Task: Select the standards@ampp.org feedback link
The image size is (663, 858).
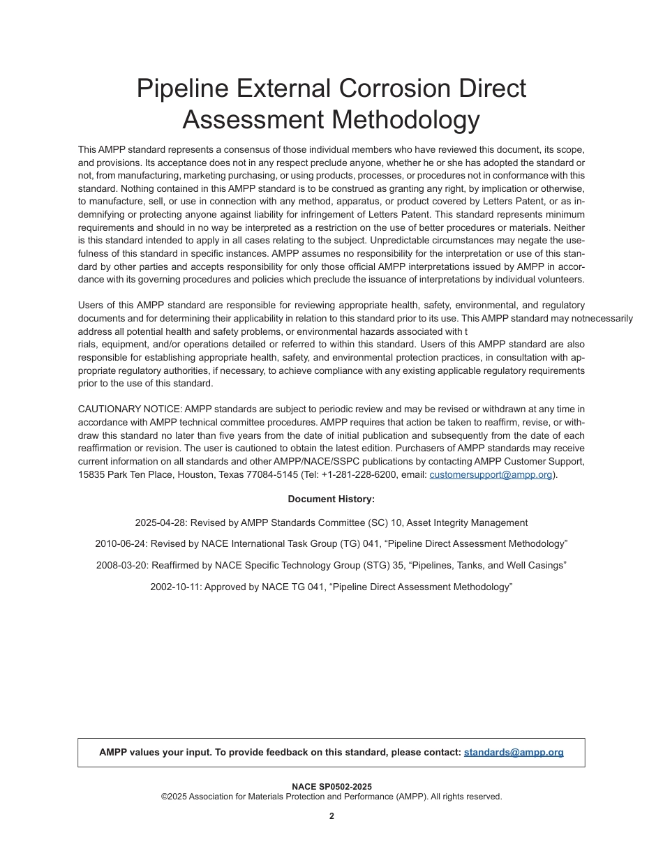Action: click(x=514, y=752)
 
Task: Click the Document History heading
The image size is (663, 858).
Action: click(x=331, y=499)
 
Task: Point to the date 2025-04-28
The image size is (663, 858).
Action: click(x=161, y=522)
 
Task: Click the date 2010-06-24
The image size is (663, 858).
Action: click(x=121, y=543)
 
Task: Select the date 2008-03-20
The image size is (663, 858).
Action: click(x=122, y=565)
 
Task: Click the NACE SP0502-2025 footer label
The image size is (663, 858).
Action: click(x=331, y=787)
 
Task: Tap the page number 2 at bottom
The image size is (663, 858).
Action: click(x=331, y=816)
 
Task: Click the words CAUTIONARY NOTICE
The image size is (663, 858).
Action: click(x=130, y=409)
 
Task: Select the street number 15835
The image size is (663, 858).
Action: click(x=91, y=475)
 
